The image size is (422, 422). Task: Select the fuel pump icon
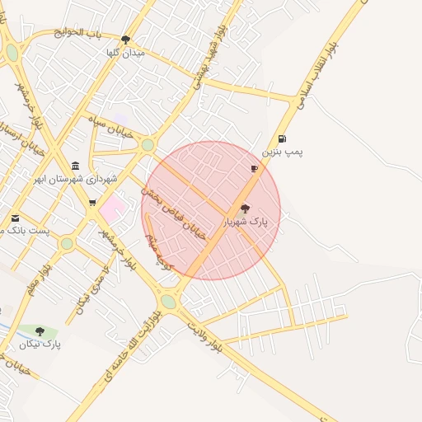(x=283, y=139)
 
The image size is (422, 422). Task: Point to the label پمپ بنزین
(x=283, y=152)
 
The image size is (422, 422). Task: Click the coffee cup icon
(x=254, y=168)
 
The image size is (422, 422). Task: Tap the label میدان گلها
(x=125, y=52)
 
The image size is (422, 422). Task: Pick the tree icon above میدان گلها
(x=125, y=39)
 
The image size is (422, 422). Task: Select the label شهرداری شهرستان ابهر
(x=75, y=178)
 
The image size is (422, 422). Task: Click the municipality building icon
(x=76, y=165)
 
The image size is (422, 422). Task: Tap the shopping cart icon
(x=91, y=202)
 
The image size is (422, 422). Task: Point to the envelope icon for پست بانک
(x=15, y=218)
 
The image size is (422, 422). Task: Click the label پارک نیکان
(x=40, y=344)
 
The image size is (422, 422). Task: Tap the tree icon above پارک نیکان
(x=40, y=331)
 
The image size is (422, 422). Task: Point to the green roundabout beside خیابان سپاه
(x=148, y=145)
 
